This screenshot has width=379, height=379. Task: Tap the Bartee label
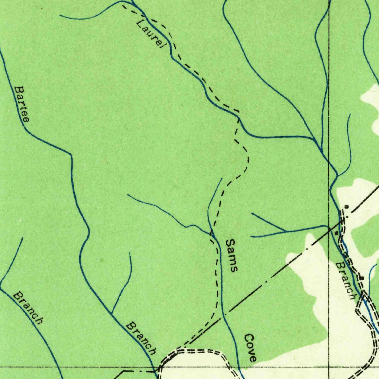pyautogui.click(x=22, y=104)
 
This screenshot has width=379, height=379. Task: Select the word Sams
pyautogui.click(x=231, y=255)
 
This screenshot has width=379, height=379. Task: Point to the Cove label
pyautogui.click(x=250, y=348)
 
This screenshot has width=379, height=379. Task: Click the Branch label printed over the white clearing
pyautogui.click(x=346, y=281)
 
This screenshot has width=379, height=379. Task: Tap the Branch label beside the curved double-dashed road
pyautogui.click(x=141, y=337)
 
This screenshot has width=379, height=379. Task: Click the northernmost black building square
pyautogui.click(x=346, y=206)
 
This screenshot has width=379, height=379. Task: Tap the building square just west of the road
pyautogui.click(x=336, y=233)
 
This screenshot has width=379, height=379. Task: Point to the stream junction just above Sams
pyautogui.click(x=211, y=233)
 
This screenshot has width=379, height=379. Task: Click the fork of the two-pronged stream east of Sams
pyautogui.click(x=285, y=232)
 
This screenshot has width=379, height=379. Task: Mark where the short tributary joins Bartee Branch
pyautogui.click(x=112, y=313)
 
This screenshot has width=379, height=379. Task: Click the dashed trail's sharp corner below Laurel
pyautogui.click(x=238, y=112)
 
